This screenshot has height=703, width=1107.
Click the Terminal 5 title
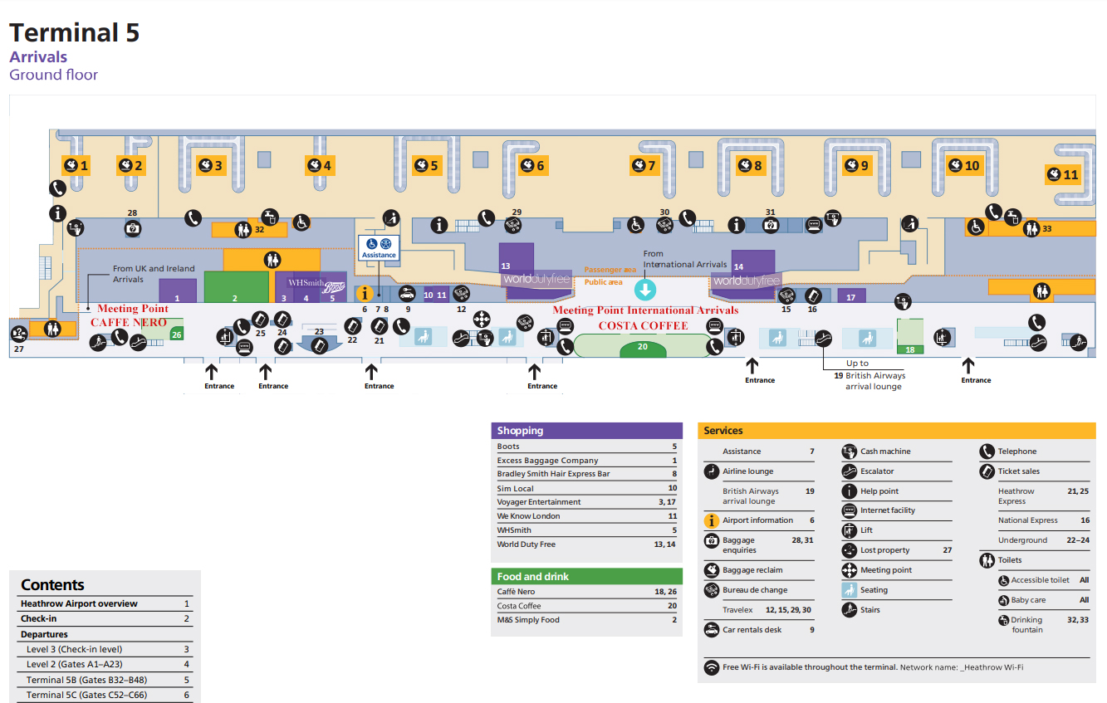[74, 32]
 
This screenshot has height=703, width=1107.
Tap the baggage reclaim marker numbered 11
[1062, 174]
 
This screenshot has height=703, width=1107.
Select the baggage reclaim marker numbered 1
[76, 165]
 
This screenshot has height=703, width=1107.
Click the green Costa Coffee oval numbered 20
[642, 346]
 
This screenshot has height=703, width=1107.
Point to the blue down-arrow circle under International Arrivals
[645, 290]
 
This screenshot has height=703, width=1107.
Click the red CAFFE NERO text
[128, 322]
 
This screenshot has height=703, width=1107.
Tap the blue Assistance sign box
[379, 247]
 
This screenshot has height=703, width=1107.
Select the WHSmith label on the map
[306, 283]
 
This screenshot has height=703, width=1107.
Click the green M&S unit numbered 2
[236, 287]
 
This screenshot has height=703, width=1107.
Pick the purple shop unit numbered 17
[851, 295]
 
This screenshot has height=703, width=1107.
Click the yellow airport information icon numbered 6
[364, 293]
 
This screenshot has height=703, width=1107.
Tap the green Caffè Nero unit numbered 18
[910, 337]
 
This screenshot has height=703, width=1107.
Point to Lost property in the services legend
[884, 550]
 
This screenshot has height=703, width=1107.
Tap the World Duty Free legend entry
[527, 544]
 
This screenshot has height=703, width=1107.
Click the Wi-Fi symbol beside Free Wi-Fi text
[712, 667]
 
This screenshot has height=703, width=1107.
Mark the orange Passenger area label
[610, 270]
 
